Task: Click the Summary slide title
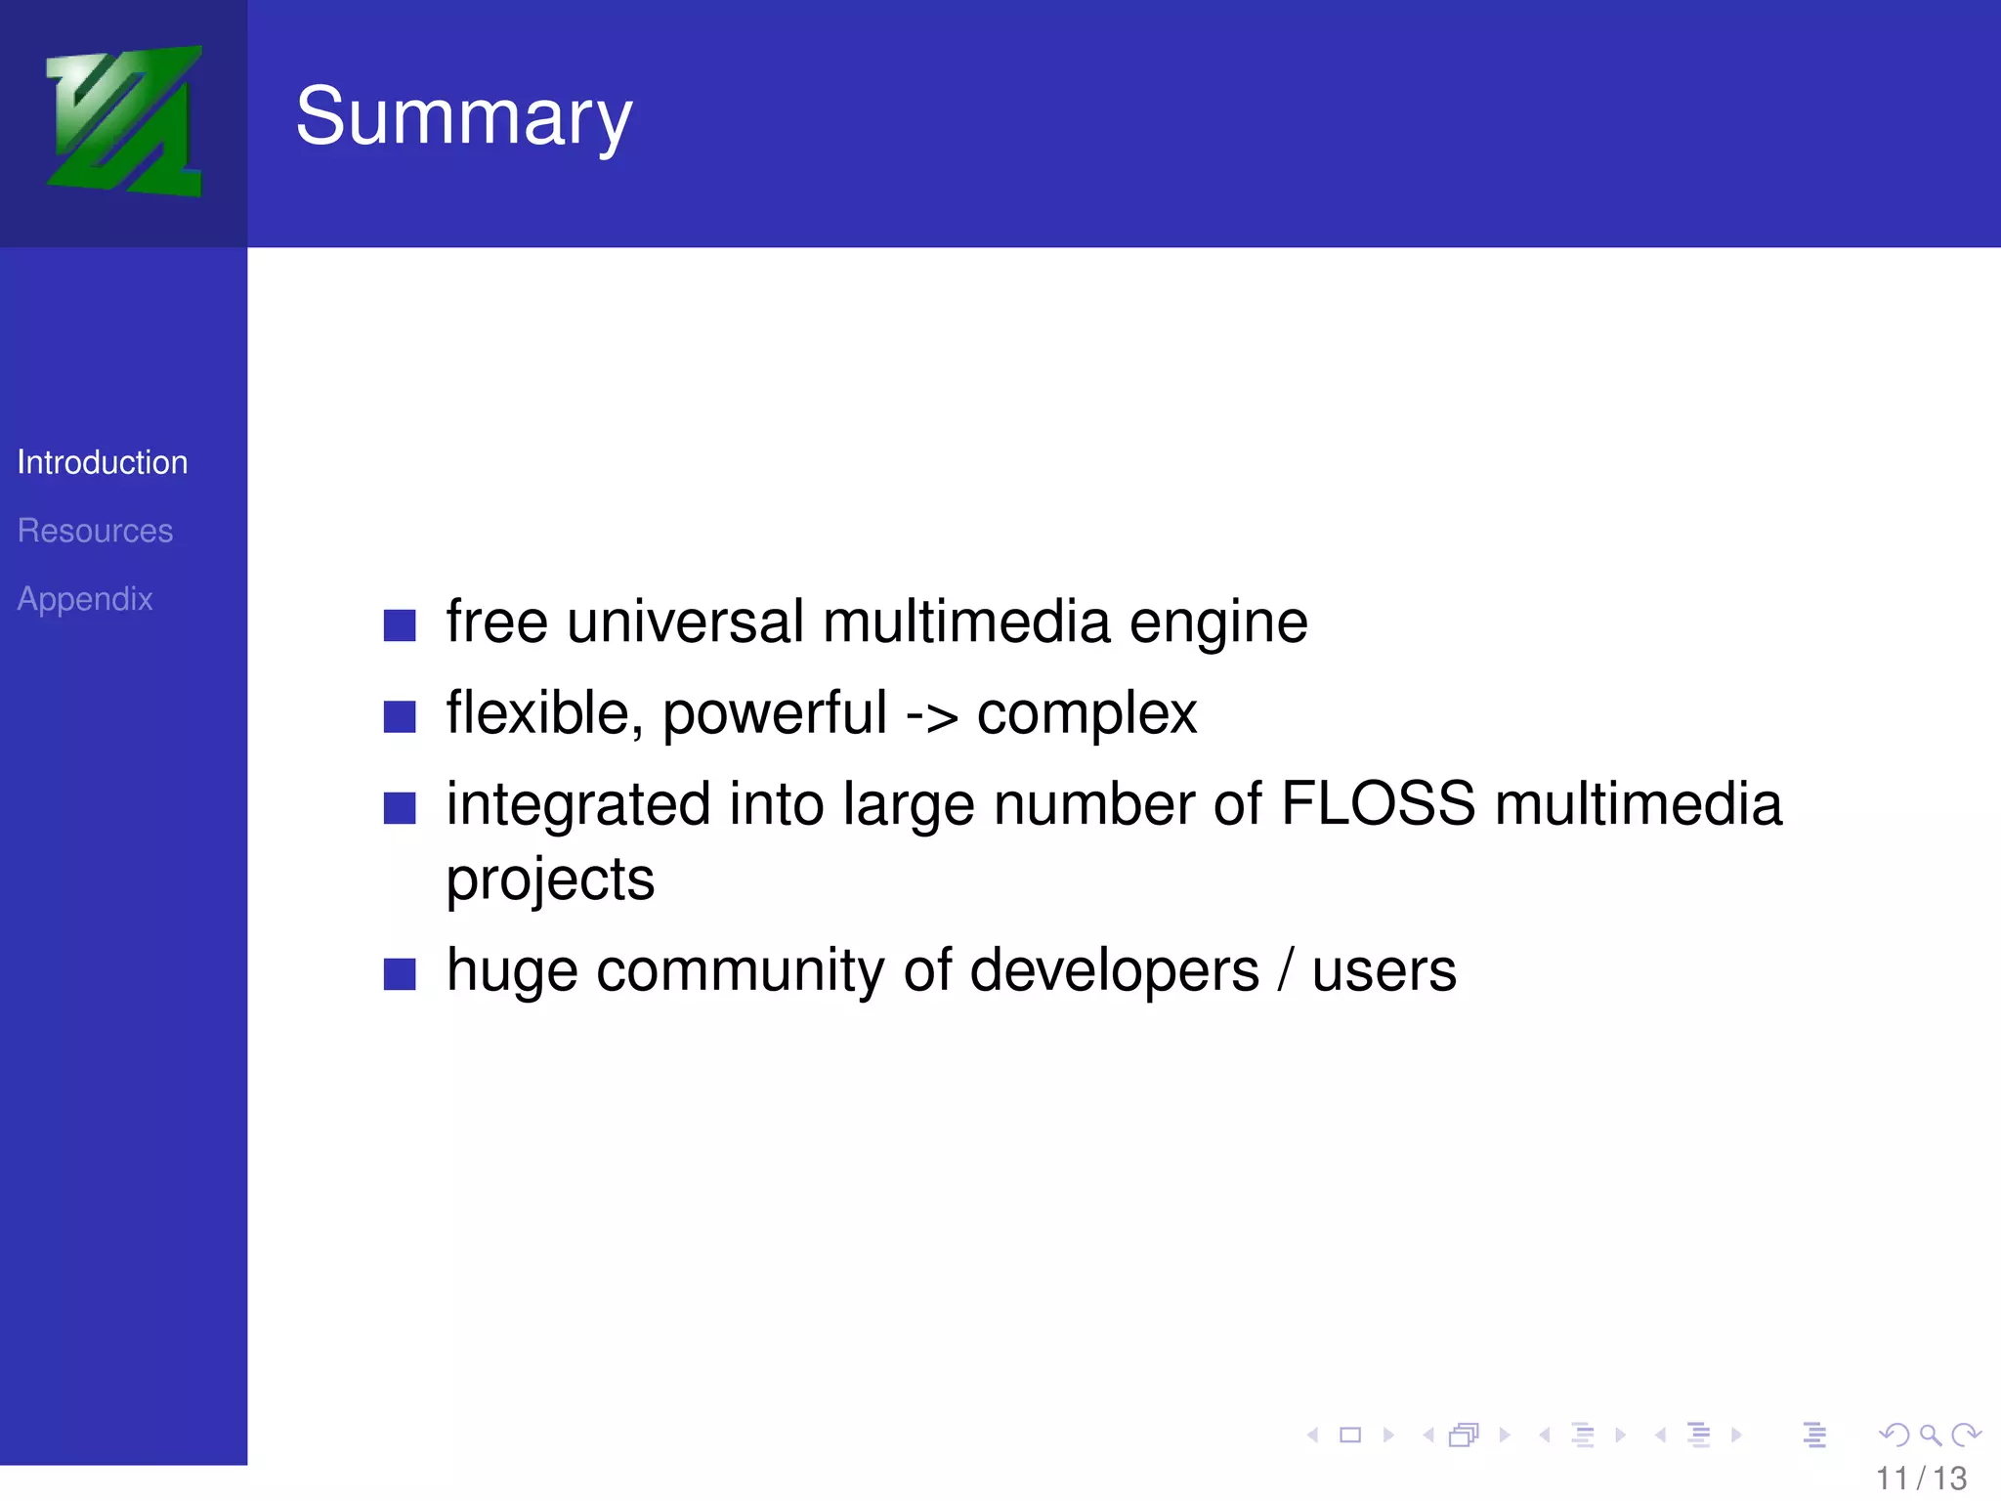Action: point(464,117)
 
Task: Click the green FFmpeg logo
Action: point(124,121)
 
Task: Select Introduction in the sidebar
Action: point(103,462)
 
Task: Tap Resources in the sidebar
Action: point(95,531)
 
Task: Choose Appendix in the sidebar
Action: point(85,599)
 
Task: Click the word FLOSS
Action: point(1377,804)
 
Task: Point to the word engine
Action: point(1218,623)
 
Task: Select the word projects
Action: point(550,879)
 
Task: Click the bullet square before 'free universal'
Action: point(400,625)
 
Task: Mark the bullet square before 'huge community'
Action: point(400,974)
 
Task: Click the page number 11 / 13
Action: point(1921,1479)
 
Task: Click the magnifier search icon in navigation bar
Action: point(1930,1436)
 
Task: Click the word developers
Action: point(1115,970)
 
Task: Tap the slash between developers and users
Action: point(1286,970)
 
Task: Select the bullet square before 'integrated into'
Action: point(400,808)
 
